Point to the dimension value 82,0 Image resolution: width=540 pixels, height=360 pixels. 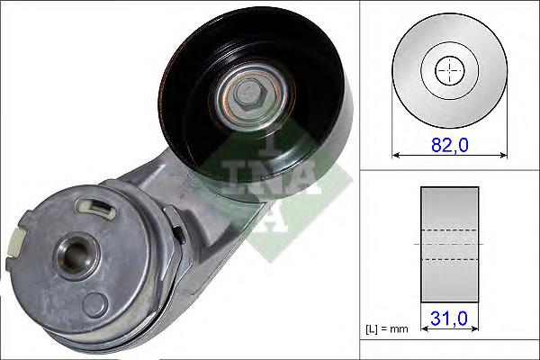(x=450, y=144)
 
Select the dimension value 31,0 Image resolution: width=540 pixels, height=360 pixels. (x=449, y=318)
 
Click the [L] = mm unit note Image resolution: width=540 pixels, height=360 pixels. (x=386, y=329)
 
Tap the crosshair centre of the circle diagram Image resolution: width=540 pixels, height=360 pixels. (x=450, y=70)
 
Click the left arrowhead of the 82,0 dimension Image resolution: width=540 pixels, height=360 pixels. (x=396, y=156)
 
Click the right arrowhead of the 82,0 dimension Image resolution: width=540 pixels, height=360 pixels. (x=503, y=156)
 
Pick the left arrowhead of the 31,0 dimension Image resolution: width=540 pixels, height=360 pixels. (x=424, y=329)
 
